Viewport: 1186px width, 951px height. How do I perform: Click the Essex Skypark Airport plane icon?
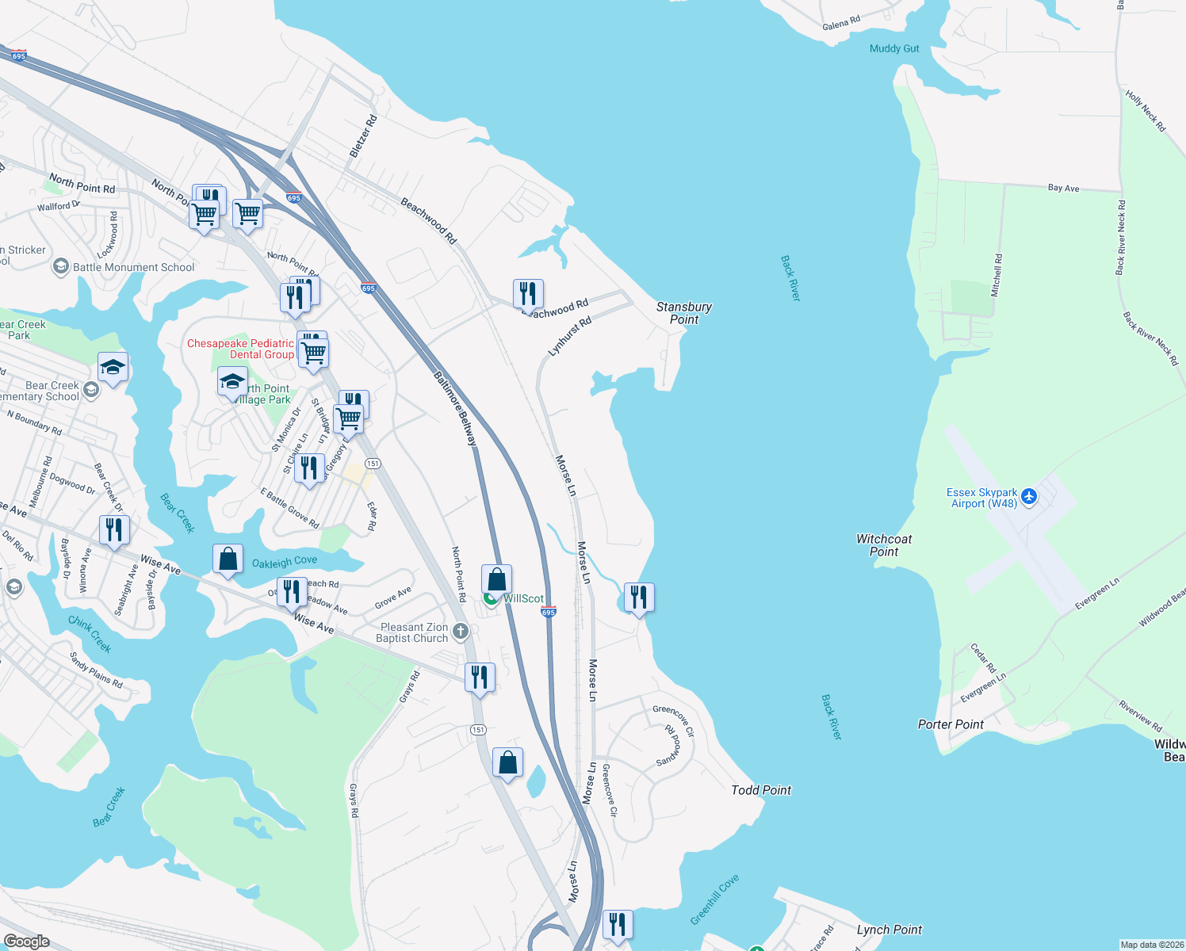point(1029,497)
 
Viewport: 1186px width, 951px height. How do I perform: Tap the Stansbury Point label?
point(683,313)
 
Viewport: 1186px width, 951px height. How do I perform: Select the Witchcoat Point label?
point(884,545)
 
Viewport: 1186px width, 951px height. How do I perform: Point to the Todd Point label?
point(761,790)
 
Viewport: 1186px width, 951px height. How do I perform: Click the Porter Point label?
point(951,724)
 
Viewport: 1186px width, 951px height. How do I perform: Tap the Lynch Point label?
point(889,930)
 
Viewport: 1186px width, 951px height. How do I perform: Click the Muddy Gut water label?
point(894,48)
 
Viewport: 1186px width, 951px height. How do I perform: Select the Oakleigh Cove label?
point(285,562)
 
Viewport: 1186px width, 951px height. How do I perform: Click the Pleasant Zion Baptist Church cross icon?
point(460,632)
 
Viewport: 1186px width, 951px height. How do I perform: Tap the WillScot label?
point(523,598)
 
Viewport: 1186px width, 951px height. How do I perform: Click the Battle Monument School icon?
point(61,267)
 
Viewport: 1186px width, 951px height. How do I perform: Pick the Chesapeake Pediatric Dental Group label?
point(240,349)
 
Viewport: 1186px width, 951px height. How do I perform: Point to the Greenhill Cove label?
point(714,899)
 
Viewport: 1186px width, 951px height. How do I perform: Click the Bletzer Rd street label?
point(364,136)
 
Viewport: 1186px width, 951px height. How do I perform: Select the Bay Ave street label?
point(1063,188)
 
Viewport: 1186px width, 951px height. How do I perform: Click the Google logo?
point(27,941)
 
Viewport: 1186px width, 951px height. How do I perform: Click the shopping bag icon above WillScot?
point(497,579)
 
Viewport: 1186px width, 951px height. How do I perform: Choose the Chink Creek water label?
point(90,634)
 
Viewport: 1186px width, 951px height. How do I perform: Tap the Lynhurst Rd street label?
point(570,336)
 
